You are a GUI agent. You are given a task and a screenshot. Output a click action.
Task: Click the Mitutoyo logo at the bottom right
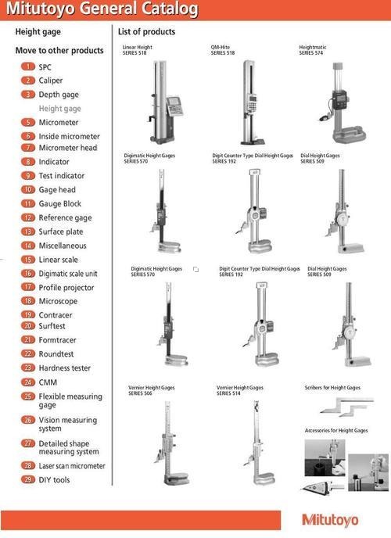tap(330, 520)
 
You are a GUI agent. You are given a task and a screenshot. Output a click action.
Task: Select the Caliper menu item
tap(50, 81)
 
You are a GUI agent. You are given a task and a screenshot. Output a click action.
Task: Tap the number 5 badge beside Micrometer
tap(28, 122)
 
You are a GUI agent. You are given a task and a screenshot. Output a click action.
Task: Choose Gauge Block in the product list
tap(60, 203)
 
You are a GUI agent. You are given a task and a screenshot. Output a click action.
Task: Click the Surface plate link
tap(61, 231)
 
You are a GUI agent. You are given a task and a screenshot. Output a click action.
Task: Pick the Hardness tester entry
tap(64, 368)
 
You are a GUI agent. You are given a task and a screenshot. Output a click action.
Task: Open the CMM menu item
tap(48, 382)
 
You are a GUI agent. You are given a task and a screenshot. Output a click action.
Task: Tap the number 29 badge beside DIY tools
tap(28, 479)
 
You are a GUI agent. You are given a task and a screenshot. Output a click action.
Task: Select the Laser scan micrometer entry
tap(72, 466)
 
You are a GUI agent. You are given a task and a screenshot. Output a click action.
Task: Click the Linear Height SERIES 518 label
tap(137, 50)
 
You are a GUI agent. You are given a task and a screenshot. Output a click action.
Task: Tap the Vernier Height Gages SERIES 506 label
tap(151, 390)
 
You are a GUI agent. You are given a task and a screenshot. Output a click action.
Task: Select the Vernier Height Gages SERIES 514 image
tap(260, 443)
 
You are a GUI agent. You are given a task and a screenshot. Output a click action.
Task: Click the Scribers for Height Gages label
tap(332, 387)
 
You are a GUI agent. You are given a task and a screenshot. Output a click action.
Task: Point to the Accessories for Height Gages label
tap(336, 430)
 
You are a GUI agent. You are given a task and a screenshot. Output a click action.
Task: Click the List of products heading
tap(146, 31)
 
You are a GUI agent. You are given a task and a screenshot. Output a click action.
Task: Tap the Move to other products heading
tap(59, 50)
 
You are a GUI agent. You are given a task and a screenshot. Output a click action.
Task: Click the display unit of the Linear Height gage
tap(175, 106)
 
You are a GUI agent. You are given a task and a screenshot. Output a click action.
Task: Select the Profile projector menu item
tap(66, 288)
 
